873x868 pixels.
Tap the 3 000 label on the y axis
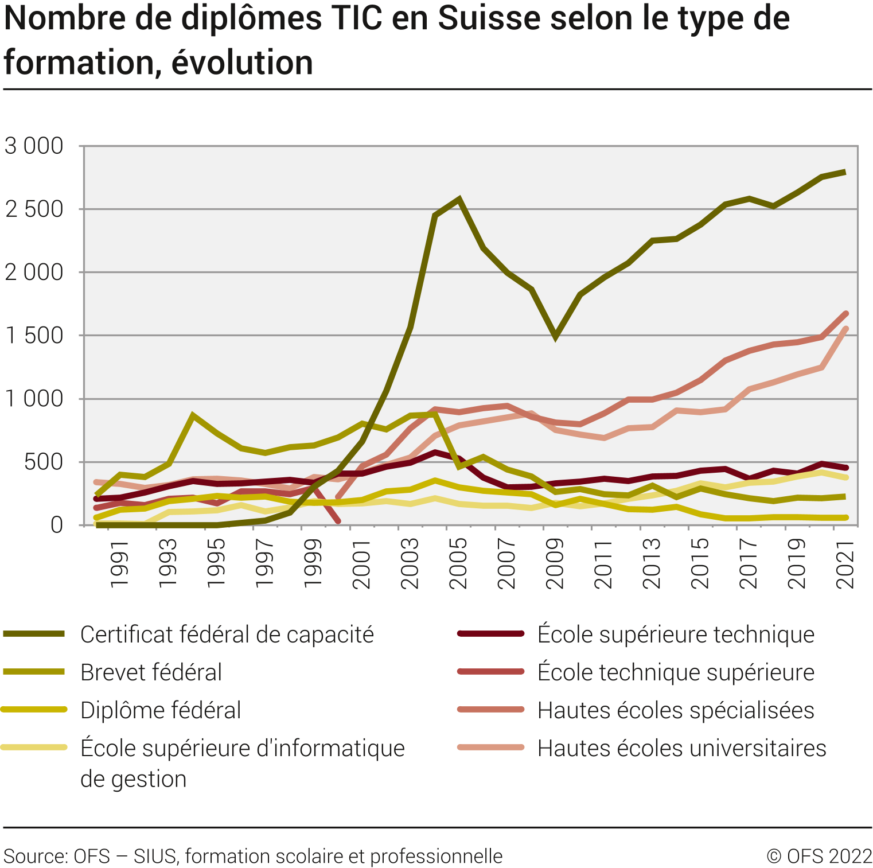(x=34, y=146)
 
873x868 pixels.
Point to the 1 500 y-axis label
(x=34, y=336)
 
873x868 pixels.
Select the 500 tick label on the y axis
(x=44, y=462)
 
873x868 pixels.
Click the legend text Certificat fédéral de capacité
(x=227, y=635)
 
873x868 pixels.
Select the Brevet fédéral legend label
(x=151, y=672)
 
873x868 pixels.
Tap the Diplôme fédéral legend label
(x=161, y=710)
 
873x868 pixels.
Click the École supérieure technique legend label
(x=676, y=635)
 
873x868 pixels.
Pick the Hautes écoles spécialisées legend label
(x=676, y=710)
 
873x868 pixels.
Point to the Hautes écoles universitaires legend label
(x=681, y=748)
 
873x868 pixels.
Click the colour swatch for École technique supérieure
(x=491, y=672)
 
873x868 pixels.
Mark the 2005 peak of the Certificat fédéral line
(x=459, y=200)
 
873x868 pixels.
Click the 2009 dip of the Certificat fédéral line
(x=555, y=336)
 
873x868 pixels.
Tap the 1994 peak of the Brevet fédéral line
(x=193, y=415)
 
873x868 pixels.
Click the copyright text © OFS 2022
(x=819, y=856)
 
